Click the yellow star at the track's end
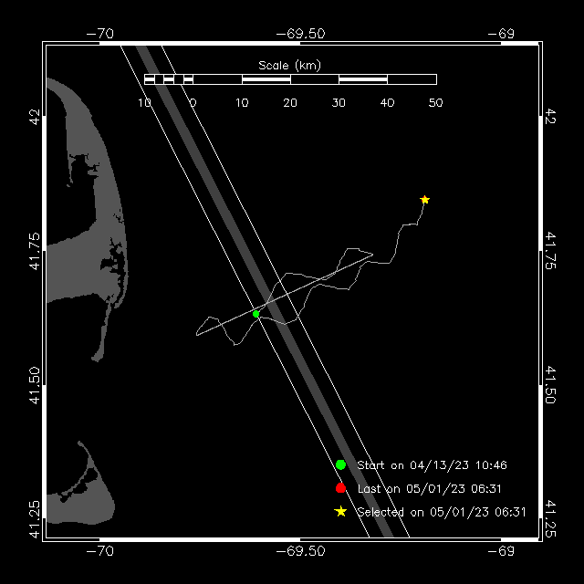pyautogui.click(x=424, y=200)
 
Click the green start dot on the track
pyautogui.click(x=255, y=314)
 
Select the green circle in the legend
pyautogui.click(x=340, y=464)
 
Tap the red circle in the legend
pyautogui.click(x=340, y=488)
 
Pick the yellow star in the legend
pyautogui.click(x=340, y=512)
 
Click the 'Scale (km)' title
pyautogui.click(x=289, y=66)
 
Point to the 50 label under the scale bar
pyautogui.click(x=435, y=103)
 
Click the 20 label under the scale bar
pyautogui.click(x=290, y=103)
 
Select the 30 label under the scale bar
pyautogui.click(x=339, y=103)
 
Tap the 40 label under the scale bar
pyautogui.click(x=387, y=103)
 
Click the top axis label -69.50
pyautogui.click(x=300, y=34)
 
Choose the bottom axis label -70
pyautogui.click(x=99, y=551)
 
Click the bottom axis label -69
pyautogui.click(x=501, y=551)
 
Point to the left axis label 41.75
pyautogui.click(x=35, y=251)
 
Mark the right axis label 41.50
pyautogui.click(x=550, y=385)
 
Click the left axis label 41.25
pyautogui.click(x=35, y=519)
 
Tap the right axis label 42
pyautogui.click(x=550, y=116)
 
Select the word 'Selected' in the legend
pyautogui.click(x=381, y=512)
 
